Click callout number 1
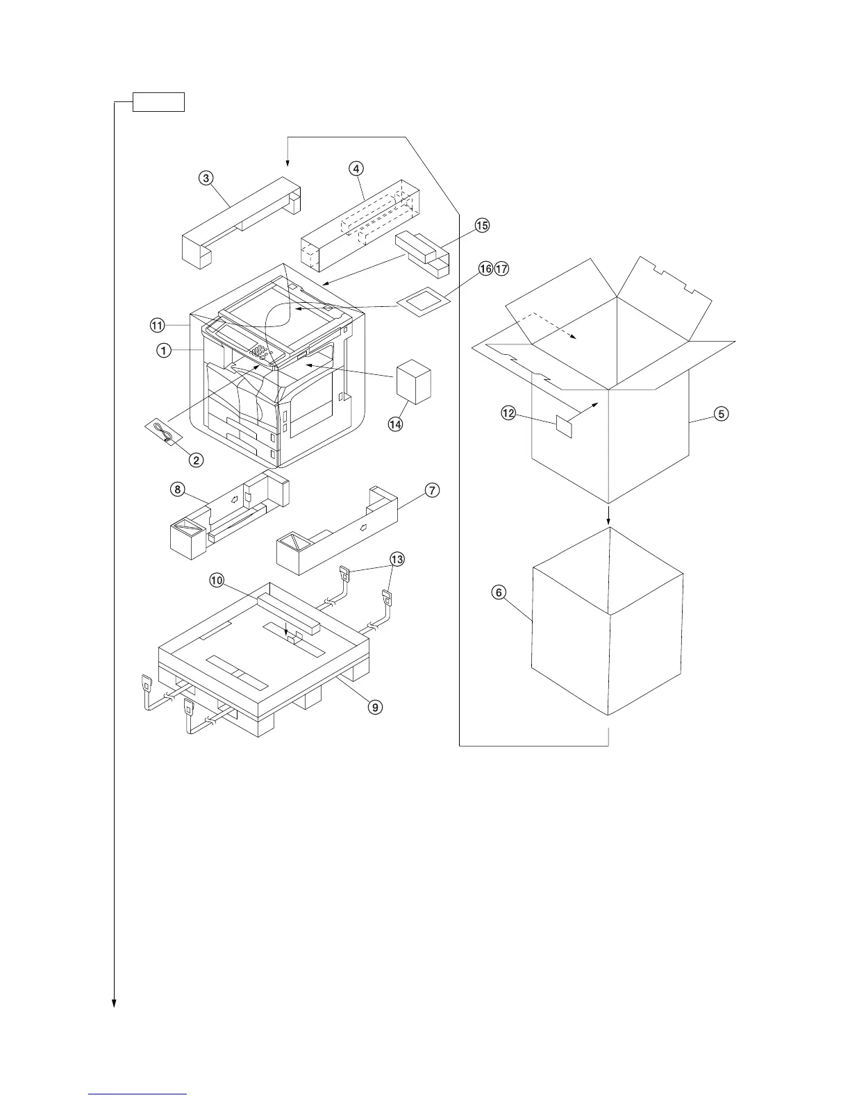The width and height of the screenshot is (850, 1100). (164, 351)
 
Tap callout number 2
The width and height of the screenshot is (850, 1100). (197, 459)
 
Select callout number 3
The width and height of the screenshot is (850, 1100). (206, 178)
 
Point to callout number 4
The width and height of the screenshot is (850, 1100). (355, 168)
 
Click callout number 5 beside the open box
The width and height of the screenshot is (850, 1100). (722, 415)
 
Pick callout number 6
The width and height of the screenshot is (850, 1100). (499, 592)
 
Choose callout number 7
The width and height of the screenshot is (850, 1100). (431, 490)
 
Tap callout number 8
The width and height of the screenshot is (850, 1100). (178, 489)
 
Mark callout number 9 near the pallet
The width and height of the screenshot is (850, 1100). (374, 707)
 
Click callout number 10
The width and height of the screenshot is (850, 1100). (217, 580)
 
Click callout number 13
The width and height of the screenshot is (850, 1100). (397, 559)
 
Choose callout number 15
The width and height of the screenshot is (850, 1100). (482, 225)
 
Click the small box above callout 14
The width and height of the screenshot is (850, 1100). (414, 382)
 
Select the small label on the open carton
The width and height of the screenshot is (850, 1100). (564, 427)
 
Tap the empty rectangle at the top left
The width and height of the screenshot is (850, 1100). (159, 102)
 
